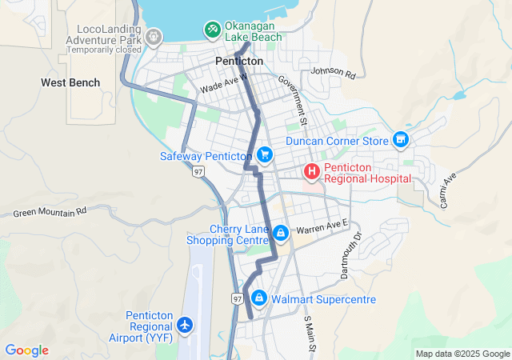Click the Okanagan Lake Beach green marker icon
point(212,30)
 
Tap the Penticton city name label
point(239,61)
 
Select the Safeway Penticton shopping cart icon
point(264,154)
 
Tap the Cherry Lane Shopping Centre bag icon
point(281,234)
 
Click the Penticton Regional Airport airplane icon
point(186,325)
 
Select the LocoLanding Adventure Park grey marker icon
point(154,36)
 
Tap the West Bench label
point(70,82)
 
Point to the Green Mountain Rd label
point(50,213)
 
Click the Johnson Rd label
point(332,72)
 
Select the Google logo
point(27,350)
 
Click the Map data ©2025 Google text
point(462,354)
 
